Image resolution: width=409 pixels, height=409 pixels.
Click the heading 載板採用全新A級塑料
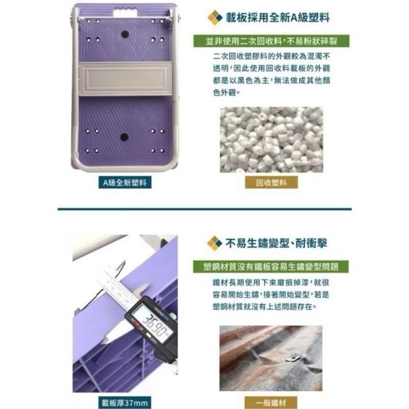point(277,18)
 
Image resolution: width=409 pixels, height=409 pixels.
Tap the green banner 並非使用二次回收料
point(271,41)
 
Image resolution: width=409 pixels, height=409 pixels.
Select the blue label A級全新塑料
point(125,182)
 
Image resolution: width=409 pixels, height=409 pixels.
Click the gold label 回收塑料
point(271,182)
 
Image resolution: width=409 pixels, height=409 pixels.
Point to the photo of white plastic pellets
point(271,140)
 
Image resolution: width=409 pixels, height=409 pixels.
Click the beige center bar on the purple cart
point(125,79)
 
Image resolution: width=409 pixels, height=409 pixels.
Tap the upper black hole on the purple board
point(125,34)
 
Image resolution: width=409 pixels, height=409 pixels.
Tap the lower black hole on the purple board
point(124,137)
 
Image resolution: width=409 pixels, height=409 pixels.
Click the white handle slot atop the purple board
point(125,12)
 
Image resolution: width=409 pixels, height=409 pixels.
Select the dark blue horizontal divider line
point(204,209)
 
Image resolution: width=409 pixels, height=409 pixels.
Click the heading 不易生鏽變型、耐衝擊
point(277,243)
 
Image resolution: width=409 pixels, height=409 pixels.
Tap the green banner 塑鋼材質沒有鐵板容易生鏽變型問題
point(271,266)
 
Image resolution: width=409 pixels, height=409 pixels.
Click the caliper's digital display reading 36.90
point(152,324)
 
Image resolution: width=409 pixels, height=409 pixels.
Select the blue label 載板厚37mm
point(125,403)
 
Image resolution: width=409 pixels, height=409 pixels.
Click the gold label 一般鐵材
point(271,403)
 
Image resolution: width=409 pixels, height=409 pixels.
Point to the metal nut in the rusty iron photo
point(293,357)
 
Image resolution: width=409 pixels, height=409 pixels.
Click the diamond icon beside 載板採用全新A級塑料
point(215,17)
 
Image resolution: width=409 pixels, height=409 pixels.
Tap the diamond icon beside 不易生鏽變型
point(215,243)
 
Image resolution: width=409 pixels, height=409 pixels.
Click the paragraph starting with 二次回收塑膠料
point(271,74)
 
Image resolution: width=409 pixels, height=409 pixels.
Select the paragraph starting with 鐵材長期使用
point(271,295)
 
